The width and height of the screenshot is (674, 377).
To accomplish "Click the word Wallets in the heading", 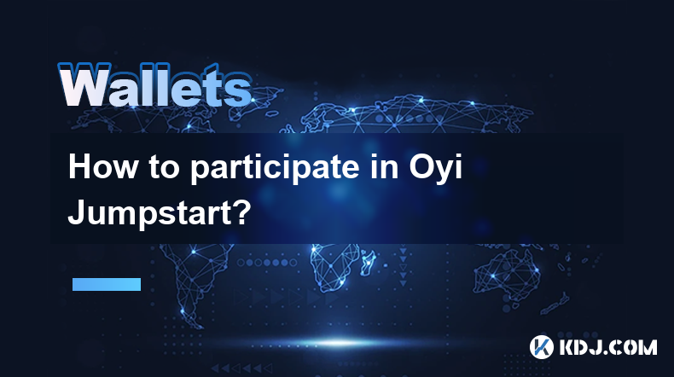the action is (154, 85).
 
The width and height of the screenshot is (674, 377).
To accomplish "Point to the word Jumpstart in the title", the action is (149, 213).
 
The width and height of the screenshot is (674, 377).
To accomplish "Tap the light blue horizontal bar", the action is (107, 284).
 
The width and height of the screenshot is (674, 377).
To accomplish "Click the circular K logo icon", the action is (542, 347).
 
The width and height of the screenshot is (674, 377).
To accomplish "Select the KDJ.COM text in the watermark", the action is (607, 347).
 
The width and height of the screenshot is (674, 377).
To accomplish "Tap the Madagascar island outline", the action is (368, 262).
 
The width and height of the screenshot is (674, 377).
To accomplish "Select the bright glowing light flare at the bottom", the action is (339, 343).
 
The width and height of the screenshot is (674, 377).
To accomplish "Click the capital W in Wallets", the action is (84, 86).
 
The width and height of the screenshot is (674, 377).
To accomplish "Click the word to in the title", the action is (164, 168).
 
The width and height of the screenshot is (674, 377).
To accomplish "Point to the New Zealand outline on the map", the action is (555, 304).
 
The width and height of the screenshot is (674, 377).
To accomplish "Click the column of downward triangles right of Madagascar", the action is (404, 266).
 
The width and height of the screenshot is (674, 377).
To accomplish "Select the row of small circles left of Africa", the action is (266, 262).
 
